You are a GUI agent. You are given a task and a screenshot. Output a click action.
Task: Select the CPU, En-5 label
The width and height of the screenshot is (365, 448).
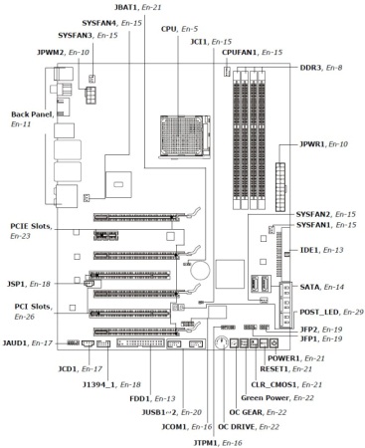pos(179,29)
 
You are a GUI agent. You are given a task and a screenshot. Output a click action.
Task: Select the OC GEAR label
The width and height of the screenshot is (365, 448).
pos(248,411)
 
